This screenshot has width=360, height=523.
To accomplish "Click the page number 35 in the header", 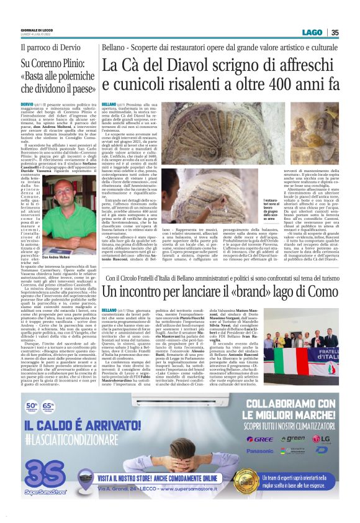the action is pyautogui.click(x=335, y=33).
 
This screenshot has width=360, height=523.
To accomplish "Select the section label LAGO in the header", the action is pyautogui.click(x=313, y=33).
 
